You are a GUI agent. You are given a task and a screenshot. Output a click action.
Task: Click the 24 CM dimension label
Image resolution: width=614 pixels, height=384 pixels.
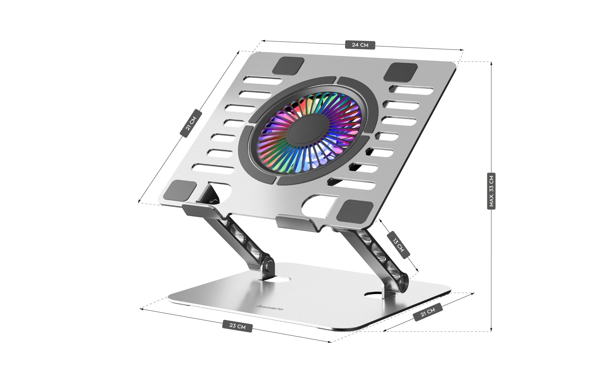coord(360,45)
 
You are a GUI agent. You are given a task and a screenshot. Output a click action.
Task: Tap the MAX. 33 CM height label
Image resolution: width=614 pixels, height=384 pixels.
coord(491,191)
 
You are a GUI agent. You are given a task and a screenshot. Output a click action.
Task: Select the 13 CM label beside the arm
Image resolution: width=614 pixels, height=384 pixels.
coord(398,245)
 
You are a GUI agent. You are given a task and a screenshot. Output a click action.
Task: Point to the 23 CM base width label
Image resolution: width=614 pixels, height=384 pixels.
coord(237,326)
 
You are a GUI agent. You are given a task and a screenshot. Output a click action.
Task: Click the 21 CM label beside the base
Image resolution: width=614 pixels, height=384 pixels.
coord(428,312)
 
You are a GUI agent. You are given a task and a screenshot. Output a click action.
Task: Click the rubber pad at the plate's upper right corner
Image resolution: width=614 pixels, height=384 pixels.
coord(400,72)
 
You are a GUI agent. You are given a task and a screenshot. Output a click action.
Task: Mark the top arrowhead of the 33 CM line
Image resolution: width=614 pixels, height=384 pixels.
coord(491,63)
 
